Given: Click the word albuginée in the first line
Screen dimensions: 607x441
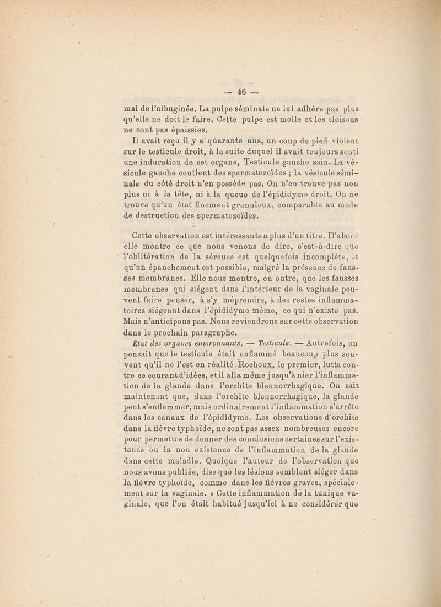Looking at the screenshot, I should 159,102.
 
